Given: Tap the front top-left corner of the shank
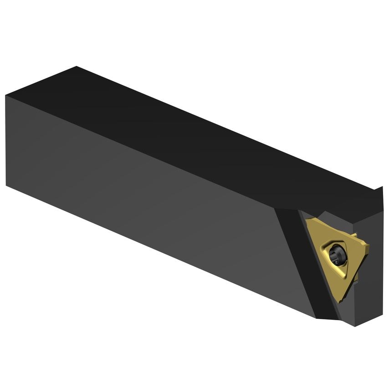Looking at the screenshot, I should click(6, 96).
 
